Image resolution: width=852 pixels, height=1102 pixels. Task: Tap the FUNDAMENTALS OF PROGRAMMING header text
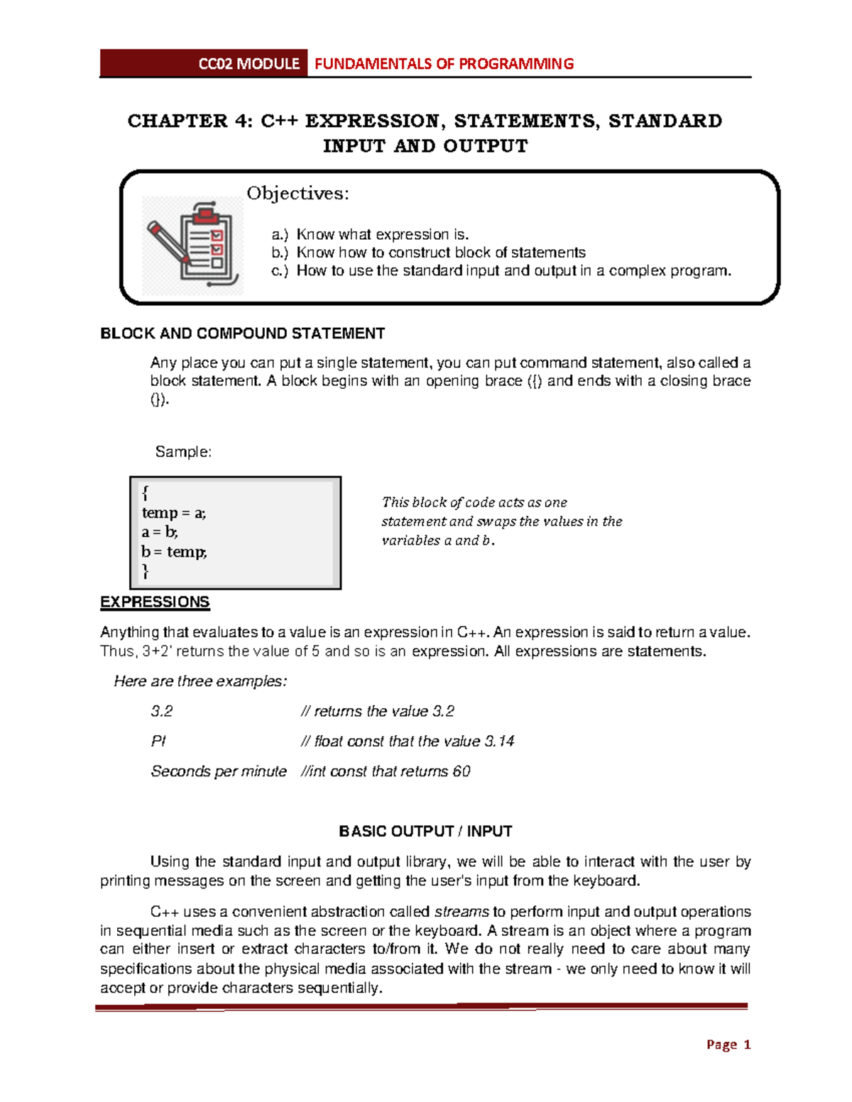click(444, 64)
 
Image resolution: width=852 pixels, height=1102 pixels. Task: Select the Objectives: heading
click(297, 194)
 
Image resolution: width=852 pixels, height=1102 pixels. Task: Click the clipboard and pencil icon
click(193, 246)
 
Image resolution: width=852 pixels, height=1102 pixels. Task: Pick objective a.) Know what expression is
click(370, 235)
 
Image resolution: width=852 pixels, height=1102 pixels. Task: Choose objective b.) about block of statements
click(428, 253)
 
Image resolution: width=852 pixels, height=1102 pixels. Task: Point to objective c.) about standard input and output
click(501, 270)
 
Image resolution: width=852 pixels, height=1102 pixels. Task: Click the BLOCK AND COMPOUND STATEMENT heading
click(242, 334)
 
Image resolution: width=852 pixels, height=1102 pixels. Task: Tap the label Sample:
click(183, 452)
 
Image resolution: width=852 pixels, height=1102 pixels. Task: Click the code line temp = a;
click(174, 513)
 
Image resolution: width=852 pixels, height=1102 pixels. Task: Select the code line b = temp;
click(174, 552)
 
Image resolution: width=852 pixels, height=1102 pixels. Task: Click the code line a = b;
click(160, 532)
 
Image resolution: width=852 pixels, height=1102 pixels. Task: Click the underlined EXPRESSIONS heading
click(155, 602)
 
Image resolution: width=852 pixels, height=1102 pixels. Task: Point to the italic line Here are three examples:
click(200, 681)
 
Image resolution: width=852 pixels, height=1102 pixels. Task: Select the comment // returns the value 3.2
click(378, 712)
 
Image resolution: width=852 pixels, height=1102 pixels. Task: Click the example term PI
click(158, 742)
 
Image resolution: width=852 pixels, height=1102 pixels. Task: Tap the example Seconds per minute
click(219, 771)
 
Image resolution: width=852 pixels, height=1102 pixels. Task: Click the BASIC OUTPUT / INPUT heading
click(425, 832)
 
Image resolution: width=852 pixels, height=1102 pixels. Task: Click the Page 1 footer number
click(728, 1045)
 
